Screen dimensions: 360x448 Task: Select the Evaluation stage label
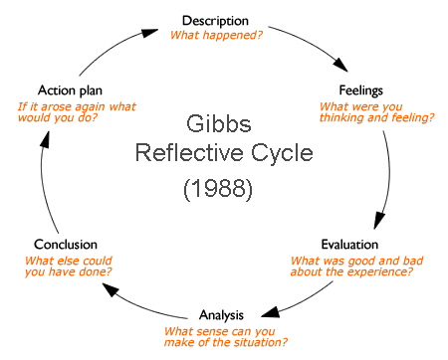tap(351, 244)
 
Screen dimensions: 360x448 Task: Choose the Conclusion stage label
tap(65, 244)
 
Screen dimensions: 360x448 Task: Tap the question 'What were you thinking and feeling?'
tap(376, 113)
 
